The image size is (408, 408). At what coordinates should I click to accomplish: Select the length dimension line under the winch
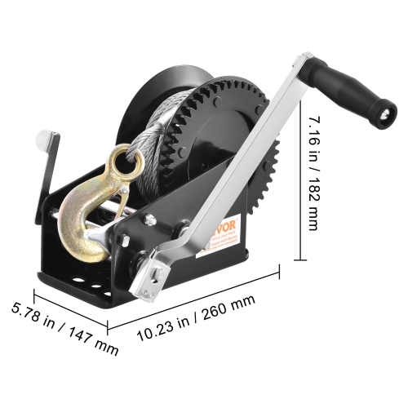click(x=196, y=300)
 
